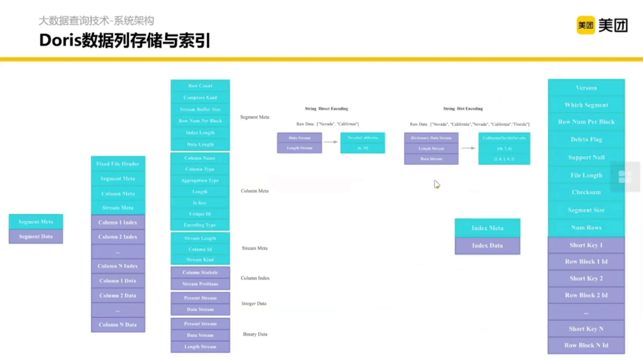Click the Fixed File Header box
click(x=118, y=164)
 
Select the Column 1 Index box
click(x=118, y=223)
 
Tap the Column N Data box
click(x=118, y=325)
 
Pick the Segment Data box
click(x=36, y=237)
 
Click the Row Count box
click(x=200, y=86)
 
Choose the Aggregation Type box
click(x=200, y=180)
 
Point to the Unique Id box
click(x=200, y=214)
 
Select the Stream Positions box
click(x=200, y=284)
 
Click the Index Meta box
click(x=487, y=228)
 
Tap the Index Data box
click(x=487, y=246)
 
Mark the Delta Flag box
click(x=586, y=140)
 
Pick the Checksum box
click(x=586, y=192)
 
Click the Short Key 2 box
click(x=586, y=279)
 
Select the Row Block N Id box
click(x=586, y=346)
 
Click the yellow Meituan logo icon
click(x=586, y=25)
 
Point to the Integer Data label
click(x=254, y=304)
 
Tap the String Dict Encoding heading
click(x=463, y=109)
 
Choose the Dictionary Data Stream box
click(x=431, y=138)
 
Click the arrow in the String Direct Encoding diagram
click(x=331, y=142)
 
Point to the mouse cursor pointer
click(x=437, y=184)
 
